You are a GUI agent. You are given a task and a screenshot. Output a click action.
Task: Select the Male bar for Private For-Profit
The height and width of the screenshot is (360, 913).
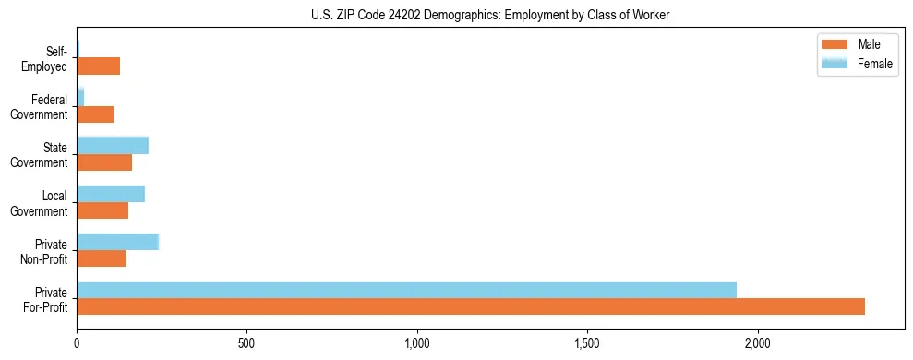pyautogui.click(x=471, y=306)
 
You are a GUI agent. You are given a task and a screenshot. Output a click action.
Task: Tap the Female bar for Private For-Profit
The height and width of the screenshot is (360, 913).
pyautogui.click(x=406, y=290)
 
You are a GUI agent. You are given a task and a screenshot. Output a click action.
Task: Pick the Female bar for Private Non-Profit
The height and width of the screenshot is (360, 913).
pyautogui.click(x=118, y=242)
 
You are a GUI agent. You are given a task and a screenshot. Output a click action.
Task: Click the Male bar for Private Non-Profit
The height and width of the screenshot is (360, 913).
pyautogui.click(x=102, y=258)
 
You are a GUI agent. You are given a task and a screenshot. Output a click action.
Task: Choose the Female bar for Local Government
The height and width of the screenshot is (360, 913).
pyautogui.click(x=111, y=194)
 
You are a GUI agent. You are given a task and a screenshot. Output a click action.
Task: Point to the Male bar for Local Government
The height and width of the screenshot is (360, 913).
pyautogui.click(x=102, y=210)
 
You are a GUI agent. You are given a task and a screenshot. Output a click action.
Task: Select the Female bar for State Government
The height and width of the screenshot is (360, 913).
pyautogui.click(x=113, y=145)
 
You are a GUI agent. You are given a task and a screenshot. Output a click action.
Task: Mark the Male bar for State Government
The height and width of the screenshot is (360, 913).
pyautogui.click(x=104, y=162)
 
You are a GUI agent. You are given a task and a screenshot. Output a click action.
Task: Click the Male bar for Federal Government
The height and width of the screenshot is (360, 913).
pyautogui.click(x=96, y=114)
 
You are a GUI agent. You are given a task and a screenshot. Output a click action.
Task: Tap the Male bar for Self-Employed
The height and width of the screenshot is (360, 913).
pyautogui.click(x=99, y=66)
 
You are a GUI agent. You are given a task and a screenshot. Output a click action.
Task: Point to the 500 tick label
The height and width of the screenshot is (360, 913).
pyautogui.click(x=246, y=343)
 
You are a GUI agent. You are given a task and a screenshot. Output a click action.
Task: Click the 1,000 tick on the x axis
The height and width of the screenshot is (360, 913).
pyautogui.click(x=417, y=343)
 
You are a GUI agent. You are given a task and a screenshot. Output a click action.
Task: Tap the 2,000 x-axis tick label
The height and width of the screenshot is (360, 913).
pyautogui.click(x=758, y=343)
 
